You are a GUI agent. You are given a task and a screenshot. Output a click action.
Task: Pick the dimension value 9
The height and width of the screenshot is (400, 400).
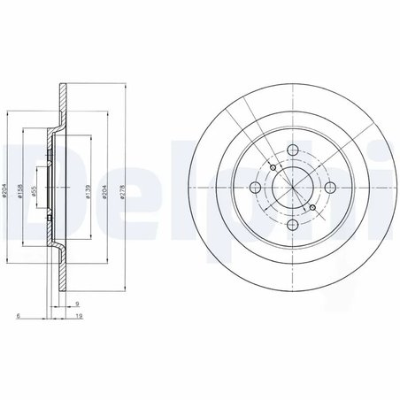pos(78,304)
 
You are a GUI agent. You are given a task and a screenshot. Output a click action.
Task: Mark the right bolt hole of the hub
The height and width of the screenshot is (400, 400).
pos(329,185)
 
